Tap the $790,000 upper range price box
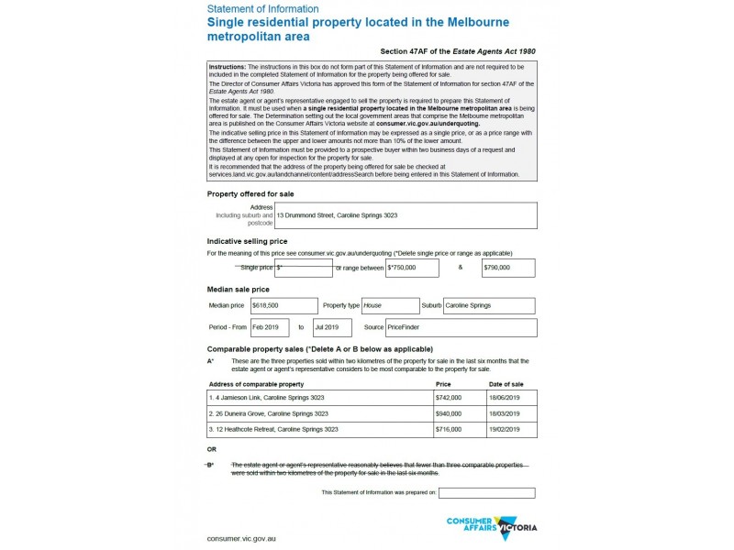click(508, 268)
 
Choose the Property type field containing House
click(390, 305)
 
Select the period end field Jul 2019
click(332, 327)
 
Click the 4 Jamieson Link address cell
click(320, 399)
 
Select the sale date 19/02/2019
click(511, 429)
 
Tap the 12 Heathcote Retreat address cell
click(320, 429)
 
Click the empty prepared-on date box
click(486, 493)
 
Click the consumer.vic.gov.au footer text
click(241, 538)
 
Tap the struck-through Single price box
click(304, 268)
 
